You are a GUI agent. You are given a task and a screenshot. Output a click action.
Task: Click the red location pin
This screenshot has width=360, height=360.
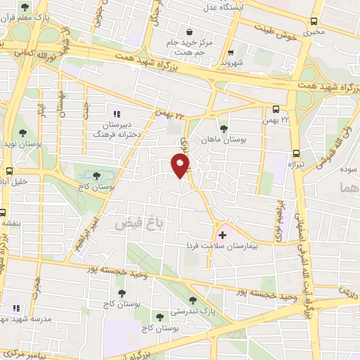pyautogui.click(x=181, y=165)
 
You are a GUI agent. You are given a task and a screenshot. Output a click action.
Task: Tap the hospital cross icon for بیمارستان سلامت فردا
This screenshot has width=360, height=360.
pyautogui.click(x=223, y=234)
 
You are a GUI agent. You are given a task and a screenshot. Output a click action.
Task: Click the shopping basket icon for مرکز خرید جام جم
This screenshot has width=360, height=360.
pyautogui.click(x=190, y=31)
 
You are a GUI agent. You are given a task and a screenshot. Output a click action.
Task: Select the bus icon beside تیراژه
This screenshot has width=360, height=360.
pyautogui.click(x=295, y=153)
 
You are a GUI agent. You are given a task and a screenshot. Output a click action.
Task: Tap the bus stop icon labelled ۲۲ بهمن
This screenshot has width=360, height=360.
pyautogui.click(x=276, y=109)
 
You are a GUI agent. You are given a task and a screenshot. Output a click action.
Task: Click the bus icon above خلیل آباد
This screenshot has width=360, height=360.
pyautogui.click(x=10, y=171)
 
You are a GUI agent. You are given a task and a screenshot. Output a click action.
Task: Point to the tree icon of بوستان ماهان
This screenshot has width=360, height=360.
pyautogui.click(x=224, y=129)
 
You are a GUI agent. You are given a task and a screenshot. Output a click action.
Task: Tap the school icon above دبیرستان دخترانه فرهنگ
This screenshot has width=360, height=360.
pyautogui.click(x=117, y=113)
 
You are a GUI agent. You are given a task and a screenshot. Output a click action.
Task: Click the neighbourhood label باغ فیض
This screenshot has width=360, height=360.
pyautogui.click(x=132, y=223)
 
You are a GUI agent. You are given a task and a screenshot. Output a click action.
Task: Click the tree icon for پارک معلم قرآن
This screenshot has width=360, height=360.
pyautogui.click(x=25, y=8)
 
